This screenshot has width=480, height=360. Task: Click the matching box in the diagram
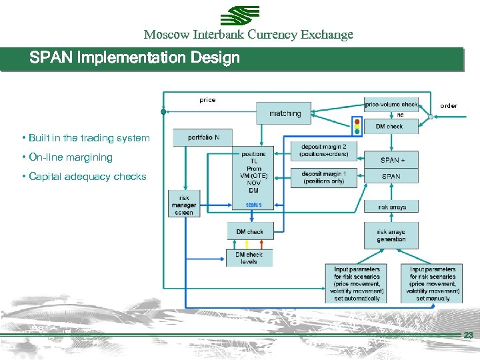tap(284, 113)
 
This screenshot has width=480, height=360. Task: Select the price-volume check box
tap(391, 104)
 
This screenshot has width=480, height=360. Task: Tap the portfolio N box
tap(203, 137)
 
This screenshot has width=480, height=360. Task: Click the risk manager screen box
tap(184, 205)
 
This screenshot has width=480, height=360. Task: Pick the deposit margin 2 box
tap(323, 151)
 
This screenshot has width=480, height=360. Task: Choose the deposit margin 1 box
tap(323, 176)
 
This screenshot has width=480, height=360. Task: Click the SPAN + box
tap(391, 160)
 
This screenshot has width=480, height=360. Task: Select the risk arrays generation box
tap(391, 235)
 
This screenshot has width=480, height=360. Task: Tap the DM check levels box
tap(249, 258)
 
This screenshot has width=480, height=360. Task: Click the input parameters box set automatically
tap(357, 284)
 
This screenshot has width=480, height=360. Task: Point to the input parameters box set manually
tap(433, 284)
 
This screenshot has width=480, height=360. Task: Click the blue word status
tap(253, 205)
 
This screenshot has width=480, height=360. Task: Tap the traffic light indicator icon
tap(357, 127)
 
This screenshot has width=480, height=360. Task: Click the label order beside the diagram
tap(449, 106)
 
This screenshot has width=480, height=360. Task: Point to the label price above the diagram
tap(207, 100)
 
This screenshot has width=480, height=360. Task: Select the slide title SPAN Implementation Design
tap(135, 58)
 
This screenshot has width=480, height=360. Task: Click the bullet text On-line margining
tap(70, 157)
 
